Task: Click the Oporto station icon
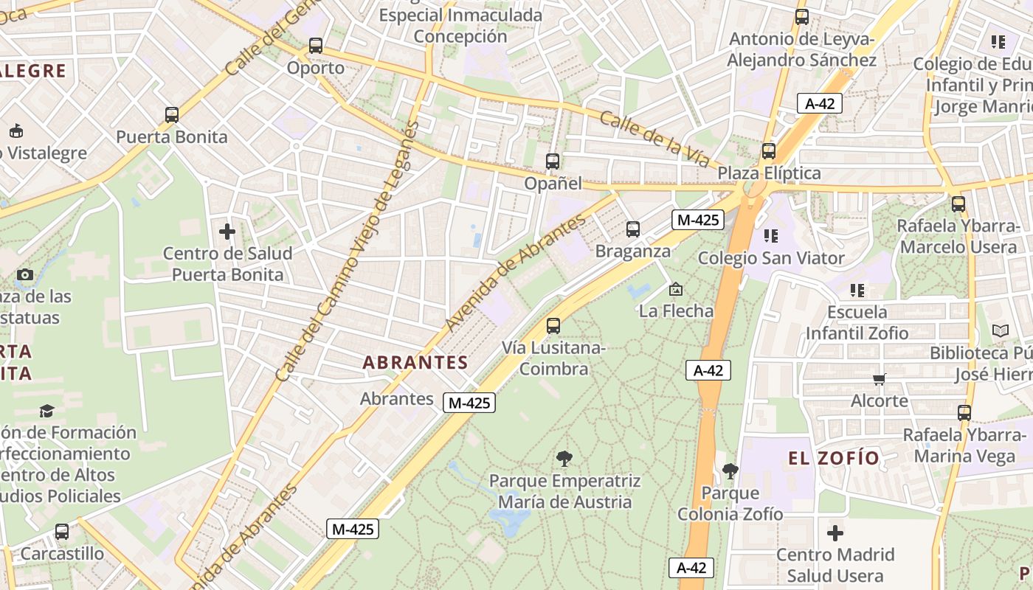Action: tap(316, 46)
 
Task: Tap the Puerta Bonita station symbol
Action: tap(172, 115)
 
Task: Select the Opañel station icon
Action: tap(553, 162)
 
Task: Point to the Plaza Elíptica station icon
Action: tap(769, 151)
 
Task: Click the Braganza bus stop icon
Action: tap(633, 229)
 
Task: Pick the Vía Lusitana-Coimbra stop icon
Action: tap(553, 325)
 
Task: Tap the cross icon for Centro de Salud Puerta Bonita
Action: tap(227, 232)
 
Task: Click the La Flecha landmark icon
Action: tap(676, 290)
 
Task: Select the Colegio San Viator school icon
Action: tap(771, 236)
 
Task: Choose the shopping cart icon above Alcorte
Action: tap(879, 379)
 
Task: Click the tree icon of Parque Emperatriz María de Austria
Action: tap(564, 459)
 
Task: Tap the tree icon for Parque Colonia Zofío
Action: tap(730, 471)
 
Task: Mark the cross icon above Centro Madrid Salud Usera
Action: tap(835, 532)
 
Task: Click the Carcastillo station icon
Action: tap(62, 531)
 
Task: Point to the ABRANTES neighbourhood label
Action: tap(415, 362)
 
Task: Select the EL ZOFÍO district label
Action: tap(834, 458)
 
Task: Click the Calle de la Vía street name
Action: tap(654, 139)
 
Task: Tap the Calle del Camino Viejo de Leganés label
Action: tap(347, 251)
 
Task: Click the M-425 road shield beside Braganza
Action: tap(697, 219)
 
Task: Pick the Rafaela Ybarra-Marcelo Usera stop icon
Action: tap(958, 204)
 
